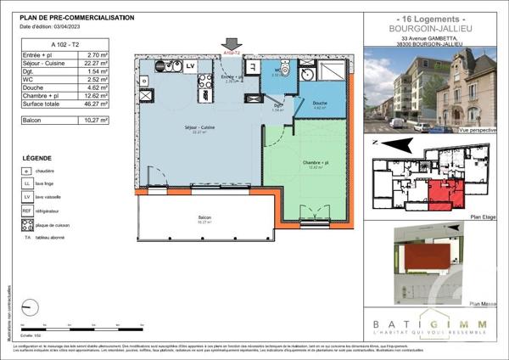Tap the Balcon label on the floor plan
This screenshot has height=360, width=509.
[205, 218]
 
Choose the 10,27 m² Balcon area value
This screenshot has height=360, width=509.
[98, 122]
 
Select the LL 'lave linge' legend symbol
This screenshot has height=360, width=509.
[27, 183]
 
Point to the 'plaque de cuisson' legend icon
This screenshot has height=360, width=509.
[27, 225]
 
